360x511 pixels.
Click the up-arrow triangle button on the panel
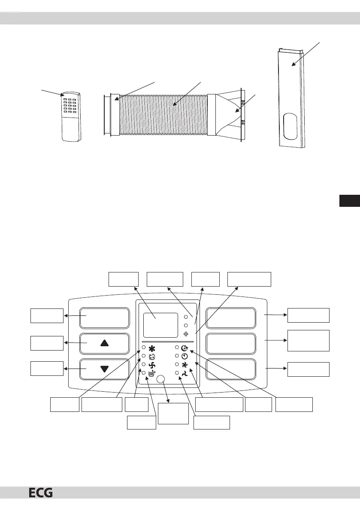click(x=104, y=343)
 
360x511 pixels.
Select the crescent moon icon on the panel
click(x=185, y=348)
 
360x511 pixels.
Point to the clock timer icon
click(x=185, y=356)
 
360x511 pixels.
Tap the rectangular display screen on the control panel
click(x=160, y=325)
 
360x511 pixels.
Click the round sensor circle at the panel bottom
click(x=161, y=379)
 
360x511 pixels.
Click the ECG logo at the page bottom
click(x=41, y=502)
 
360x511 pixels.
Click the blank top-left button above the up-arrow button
click(x=104, y=318)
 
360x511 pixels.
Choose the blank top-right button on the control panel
click(x=231, y=318)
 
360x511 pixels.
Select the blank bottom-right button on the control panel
click(x=231, y=369)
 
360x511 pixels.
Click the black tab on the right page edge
click(x=349, y=200)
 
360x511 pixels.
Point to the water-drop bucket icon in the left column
click(x=151, y=374)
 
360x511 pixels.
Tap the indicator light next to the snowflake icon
click(x=144, y=348)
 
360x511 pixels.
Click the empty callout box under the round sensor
click(x=173, y=413)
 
